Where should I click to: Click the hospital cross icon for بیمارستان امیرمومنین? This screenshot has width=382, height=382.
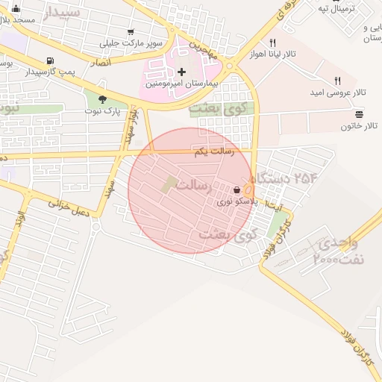[182, 72]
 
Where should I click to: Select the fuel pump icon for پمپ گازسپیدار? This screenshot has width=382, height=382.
[50, 61]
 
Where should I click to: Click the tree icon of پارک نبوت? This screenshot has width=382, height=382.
[102, 99]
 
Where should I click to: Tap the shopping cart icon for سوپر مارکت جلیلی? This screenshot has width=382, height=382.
[131, 32]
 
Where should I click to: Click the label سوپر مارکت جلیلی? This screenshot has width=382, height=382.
[131, 43]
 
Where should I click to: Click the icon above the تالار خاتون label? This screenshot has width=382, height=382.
[360, 113]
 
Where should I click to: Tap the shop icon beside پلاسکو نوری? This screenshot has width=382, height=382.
[237, 190]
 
